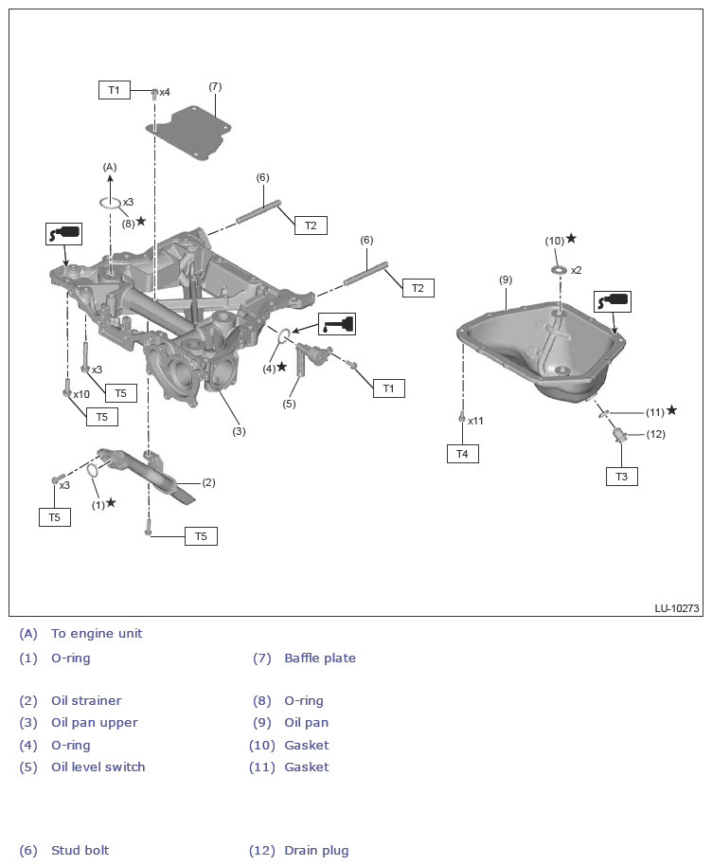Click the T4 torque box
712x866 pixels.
point(462,454)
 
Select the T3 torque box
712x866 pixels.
point(621,477)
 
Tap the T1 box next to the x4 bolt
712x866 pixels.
point(114,90)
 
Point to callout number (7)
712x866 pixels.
point(215,86)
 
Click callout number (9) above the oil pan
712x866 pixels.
point(506,280)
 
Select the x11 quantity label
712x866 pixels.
point(476,421)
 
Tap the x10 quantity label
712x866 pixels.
point(81,394)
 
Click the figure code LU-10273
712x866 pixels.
point(676,608)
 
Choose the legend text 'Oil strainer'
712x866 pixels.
point(86,701)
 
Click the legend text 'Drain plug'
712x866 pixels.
point(316,851)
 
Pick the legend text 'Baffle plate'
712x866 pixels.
point(320,659)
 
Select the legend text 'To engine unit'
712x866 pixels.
point(97,634)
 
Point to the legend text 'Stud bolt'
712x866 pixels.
point(80,851)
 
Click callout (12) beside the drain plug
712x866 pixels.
point(656,434)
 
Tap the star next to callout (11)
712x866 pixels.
point(672,410)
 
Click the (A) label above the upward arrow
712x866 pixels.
point(110,167)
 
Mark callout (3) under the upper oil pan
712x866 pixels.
point(239,431)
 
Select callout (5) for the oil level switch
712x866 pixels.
point(289,404)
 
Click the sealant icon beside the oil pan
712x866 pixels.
point(612,301)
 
